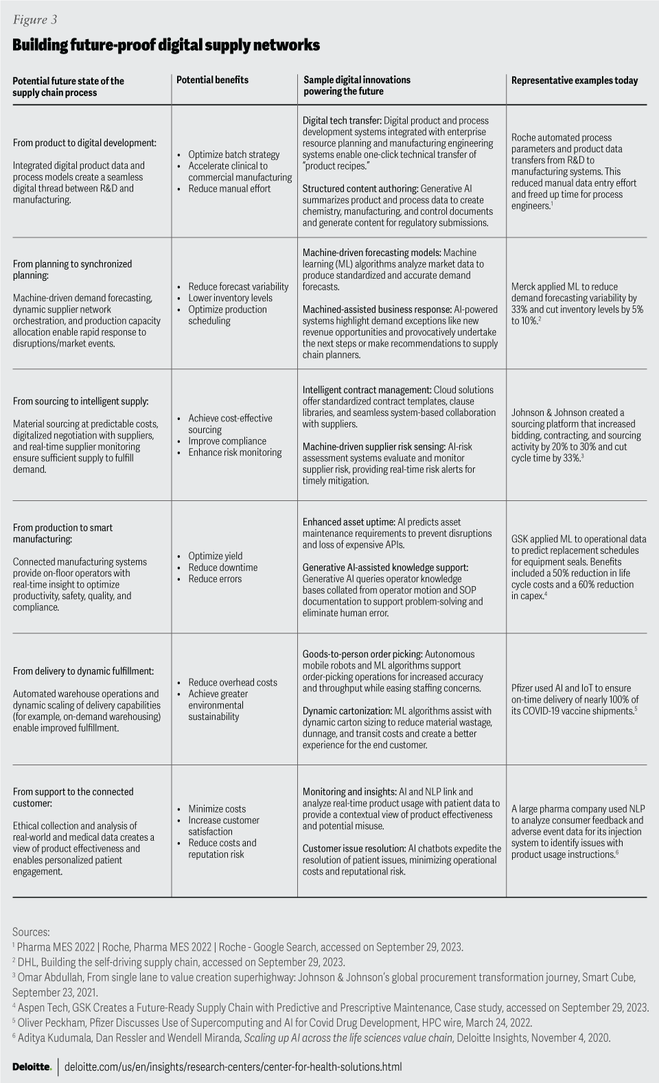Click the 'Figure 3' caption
tap(34, 20)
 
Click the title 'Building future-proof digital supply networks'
tap(165, 45)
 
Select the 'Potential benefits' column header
tap(212, 80)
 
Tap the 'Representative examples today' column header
tap(574, 80)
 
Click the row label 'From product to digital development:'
tap(84, 143)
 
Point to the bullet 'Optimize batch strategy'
tap(233, 154)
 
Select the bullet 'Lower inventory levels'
tap(230, 298)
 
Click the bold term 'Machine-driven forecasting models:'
tap(371, 253)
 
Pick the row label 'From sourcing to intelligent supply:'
tap(80, 401)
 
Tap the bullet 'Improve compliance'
tap(227, 441)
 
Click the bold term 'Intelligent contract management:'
tap(367, 390)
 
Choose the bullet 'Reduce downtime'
tap(223, 568)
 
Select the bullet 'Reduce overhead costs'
tap(233, 682)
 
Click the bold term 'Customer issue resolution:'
tap(354, 848)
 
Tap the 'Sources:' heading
tap(31, 932)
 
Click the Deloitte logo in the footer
tap(32, 1067)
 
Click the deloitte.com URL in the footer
tap(233, 1067)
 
